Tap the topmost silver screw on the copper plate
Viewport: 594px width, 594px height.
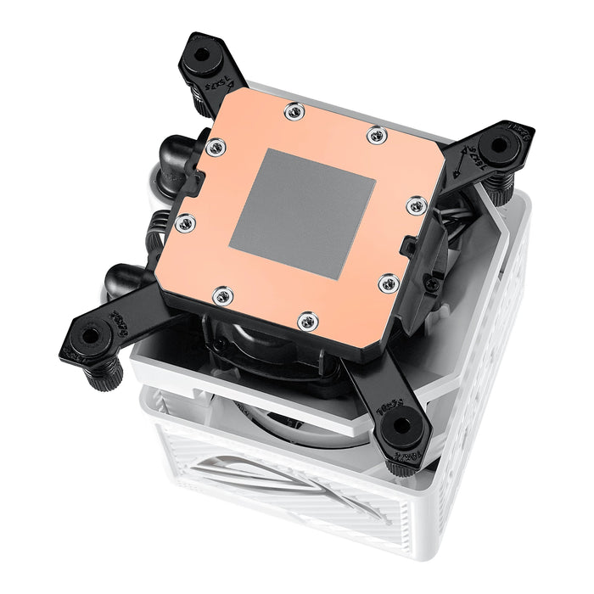tap(294, 111)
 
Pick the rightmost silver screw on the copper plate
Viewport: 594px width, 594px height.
tap(415, 205)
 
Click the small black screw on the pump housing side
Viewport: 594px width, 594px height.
tap(432, 285)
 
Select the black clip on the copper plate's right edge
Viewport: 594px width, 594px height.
tap(409, 248)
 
